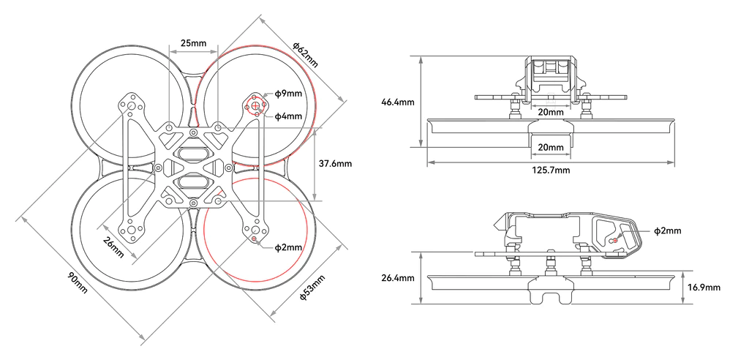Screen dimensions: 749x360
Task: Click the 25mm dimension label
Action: click(193, 43)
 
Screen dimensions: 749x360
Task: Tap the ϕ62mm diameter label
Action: click(306, 55)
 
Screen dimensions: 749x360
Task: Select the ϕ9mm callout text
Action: click(288, 94)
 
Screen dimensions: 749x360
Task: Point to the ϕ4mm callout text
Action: click(288, 116)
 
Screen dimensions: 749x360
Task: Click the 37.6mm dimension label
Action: click(335, 163)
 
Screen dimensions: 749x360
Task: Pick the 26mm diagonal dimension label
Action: click(113, 247)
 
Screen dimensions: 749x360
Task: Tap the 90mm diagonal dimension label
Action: click(78, 282)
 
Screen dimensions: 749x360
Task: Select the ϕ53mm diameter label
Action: click(312, 288)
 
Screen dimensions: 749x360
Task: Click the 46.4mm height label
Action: click(398, 102)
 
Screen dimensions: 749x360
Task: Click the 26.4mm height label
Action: click(398, 278)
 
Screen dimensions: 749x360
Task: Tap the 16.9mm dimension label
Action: click(704, 288)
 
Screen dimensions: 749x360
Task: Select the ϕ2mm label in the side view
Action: click(668, 231)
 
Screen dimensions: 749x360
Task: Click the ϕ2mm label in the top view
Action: click(288, 247)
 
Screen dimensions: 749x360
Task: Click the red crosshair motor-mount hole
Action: click(255, 105)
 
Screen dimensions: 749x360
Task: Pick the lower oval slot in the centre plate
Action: click(193, 182)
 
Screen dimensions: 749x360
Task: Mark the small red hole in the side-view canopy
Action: click(615, 240)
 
